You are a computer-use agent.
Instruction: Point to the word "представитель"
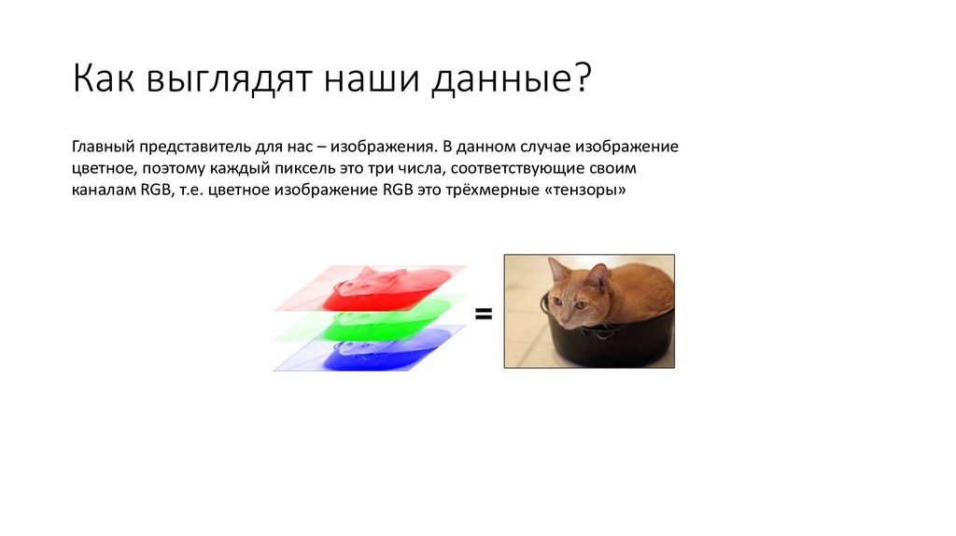coord(194,148)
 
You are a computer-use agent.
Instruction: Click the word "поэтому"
coord(176,169)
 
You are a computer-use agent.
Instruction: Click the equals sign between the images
coord(484,316)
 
